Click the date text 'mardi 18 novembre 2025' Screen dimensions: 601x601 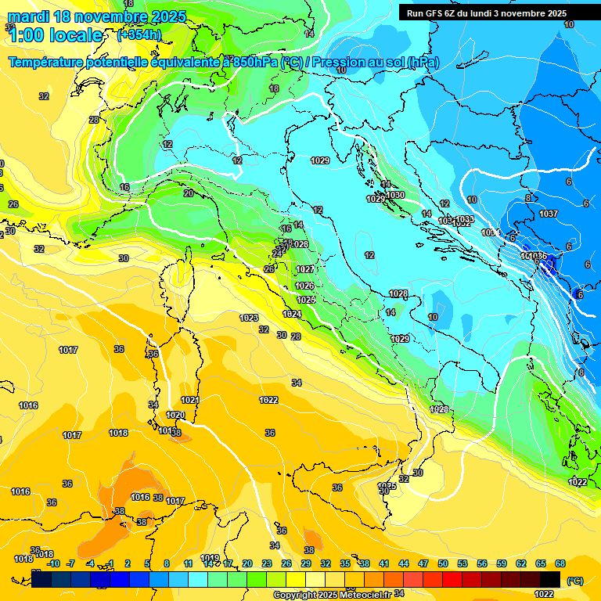(x=97, y=16)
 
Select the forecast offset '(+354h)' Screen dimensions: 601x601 (x=139, y=35)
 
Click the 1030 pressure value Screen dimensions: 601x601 (x=395, y=195)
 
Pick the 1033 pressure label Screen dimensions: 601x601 (x=465, y=219)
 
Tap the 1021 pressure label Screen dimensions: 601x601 (x=190, y=400)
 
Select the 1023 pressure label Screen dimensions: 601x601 (x=249, y=318)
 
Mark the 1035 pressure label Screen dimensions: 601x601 (x=387, y=486)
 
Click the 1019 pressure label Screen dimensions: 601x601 (x=209, y=558)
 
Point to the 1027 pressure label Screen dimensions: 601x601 (x=305, y=269)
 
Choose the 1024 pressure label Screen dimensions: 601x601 (x=292, y=314)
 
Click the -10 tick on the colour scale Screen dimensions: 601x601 (x=53, y=563)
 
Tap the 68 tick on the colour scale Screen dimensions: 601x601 (x=560, y=563)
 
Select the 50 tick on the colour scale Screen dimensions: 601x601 (x=443, y=563)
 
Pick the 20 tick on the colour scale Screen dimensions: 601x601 (x=247, y=563)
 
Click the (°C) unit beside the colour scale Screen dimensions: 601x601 (x=575, y=580)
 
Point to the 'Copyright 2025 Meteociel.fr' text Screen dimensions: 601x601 (x=332, y=595)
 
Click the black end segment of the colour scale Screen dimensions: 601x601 (x=550, y=579)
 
